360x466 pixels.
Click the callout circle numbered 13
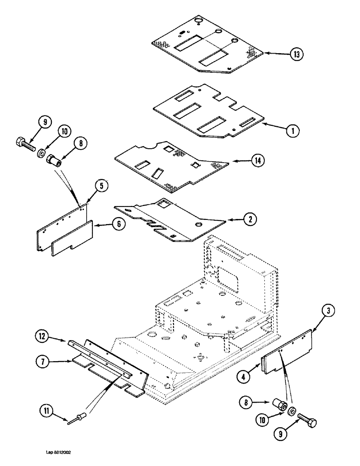coord(296,55)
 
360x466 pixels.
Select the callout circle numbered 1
coord(292,131)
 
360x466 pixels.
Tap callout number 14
coord(257,161)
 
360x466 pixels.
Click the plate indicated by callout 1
coord(210,112)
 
